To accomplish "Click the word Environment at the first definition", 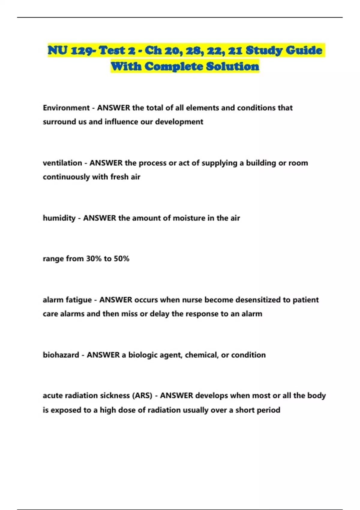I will click(66, 108).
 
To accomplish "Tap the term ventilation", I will click(62, 163).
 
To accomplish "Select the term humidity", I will click(59, 218).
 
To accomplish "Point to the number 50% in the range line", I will click(121, 259).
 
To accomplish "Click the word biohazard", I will click(61, 355).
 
